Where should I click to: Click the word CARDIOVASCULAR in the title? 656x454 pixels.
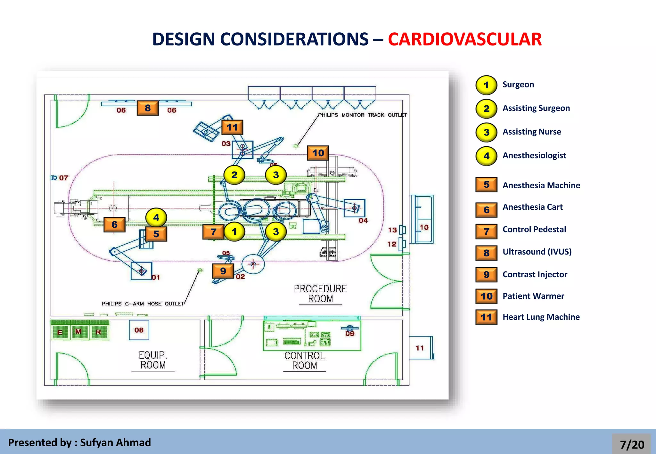(464, 39)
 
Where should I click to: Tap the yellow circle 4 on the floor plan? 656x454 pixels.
(156, 218)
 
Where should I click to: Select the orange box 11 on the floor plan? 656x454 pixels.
(232, 127)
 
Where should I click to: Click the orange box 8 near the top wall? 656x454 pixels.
(148, 108)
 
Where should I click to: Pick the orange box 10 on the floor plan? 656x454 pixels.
(318, 153)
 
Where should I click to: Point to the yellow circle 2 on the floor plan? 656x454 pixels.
(234, 175)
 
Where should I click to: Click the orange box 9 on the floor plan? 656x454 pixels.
(223, 271)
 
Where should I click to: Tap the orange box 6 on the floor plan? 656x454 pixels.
(114, 224)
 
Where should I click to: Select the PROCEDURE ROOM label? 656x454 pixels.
(320, 294)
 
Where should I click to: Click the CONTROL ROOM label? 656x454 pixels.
(304, 361)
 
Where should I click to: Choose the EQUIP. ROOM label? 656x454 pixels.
(153, 360)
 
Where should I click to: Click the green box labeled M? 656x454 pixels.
(78, 332)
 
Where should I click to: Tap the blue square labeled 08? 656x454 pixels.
(139, 330)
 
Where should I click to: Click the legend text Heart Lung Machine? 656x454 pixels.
(541, 317)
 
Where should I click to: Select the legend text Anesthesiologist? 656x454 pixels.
(534, 156)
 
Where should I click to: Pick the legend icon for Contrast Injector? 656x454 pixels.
(486, 274)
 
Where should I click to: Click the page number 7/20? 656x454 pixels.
(632, 444)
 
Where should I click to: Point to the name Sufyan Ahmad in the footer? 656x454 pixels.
(115, 442)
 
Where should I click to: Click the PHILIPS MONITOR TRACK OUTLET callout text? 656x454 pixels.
(362, 115)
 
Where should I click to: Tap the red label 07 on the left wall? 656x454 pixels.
(63, 178)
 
